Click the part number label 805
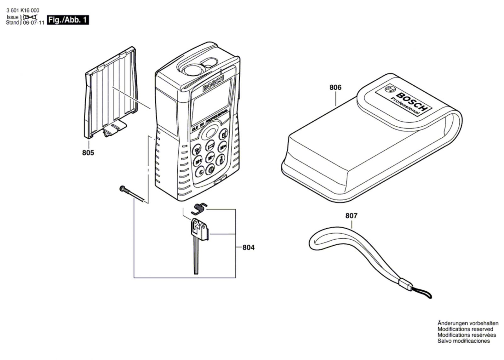(x=88, y=153)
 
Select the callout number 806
(x=335, y=87)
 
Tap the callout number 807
(x=351, y=216)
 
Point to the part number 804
(x=248, y=248)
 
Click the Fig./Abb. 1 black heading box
(x=67, y=20)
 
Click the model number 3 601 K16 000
(x=23, y=10)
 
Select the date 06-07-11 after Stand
(x=33, y=23)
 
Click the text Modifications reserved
(x=465, y=329)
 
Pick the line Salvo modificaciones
(x=464, y=341)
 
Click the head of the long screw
(x=123, y=189)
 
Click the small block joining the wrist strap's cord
(x=405, y=285)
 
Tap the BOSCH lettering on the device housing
(x=213, y=83)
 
